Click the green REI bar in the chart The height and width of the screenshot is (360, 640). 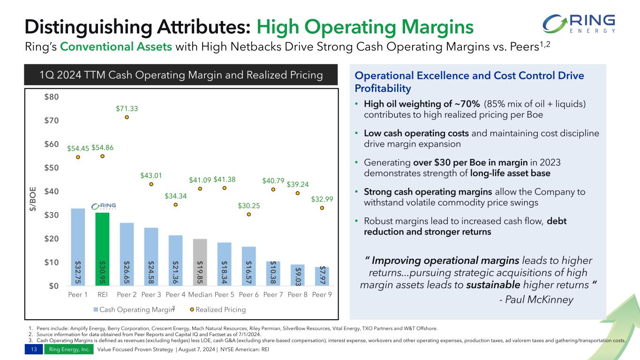[x=102, y=249]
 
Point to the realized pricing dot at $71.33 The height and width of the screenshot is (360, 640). [x=127, y=117]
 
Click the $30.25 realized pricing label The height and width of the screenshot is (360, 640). [x=248, y=205]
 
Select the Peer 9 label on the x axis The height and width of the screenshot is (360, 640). [x=322, y=295]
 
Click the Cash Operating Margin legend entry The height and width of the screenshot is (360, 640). [x=130, y=310]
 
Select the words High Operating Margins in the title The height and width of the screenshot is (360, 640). [x=365, y=27]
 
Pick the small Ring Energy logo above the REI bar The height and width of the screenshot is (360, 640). [x=104, y=207]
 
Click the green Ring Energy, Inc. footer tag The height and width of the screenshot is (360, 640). [x=68, y=350]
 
